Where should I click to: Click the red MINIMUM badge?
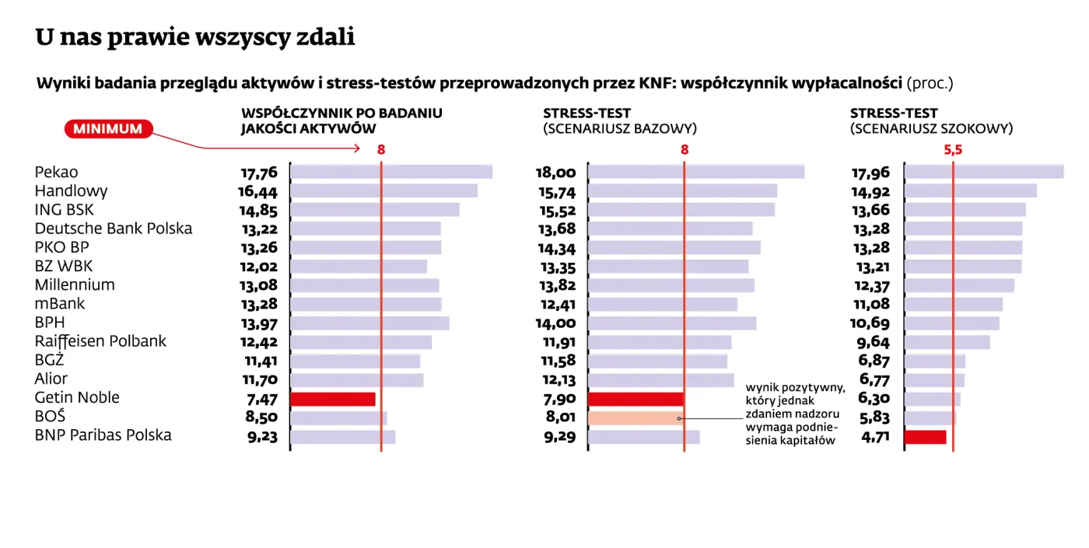(x=108, y=129)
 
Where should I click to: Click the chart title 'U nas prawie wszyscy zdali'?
(x=194, y=37)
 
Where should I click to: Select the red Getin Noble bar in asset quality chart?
(x=332, y=399)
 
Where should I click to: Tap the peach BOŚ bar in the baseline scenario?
(x=636, y=418)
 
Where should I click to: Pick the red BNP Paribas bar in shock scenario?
(x=925, y=437)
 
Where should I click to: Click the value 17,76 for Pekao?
(x=259, y=173)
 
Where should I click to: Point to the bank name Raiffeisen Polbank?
(x=100, y=341)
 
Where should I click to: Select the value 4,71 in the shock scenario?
(x=871, y=437)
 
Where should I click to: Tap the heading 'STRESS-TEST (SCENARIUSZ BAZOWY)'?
(x=619, y=121)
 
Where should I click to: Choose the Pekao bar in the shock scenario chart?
(x=983, y=172)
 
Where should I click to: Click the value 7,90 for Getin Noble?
(x=557, y=400)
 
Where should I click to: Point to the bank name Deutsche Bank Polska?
(x=114, y=229)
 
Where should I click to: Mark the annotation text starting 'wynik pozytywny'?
(x=794, y=414)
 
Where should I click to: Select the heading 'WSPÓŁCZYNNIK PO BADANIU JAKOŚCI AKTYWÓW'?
(x=341, y=121)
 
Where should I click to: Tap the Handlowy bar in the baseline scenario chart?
(x=682, y=191)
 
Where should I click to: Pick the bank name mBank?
(x=60, y=304)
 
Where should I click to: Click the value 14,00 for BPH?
(x=555, y=323)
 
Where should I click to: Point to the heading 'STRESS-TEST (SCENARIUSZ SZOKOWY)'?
(x=931, y=121)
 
